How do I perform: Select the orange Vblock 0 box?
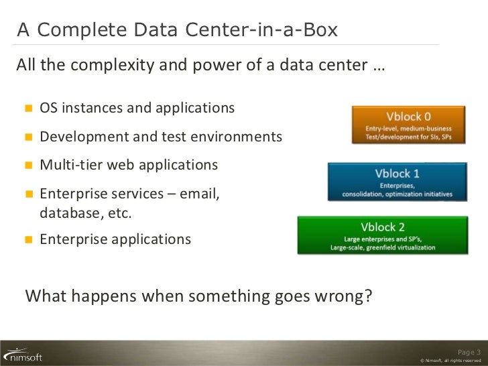coord(408,124)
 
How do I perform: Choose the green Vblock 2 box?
coord(383,236)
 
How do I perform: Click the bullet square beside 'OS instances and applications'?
coord(29,109)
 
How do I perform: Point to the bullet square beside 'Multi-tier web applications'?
coord(29,166)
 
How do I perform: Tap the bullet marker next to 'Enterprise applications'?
coord(29,239)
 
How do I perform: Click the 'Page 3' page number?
coord(469,351)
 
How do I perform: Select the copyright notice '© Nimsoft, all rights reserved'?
coord(449,361)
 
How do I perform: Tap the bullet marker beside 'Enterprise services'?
coord(29,194)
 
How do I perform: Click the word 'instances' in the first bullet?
coord(90,109)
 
